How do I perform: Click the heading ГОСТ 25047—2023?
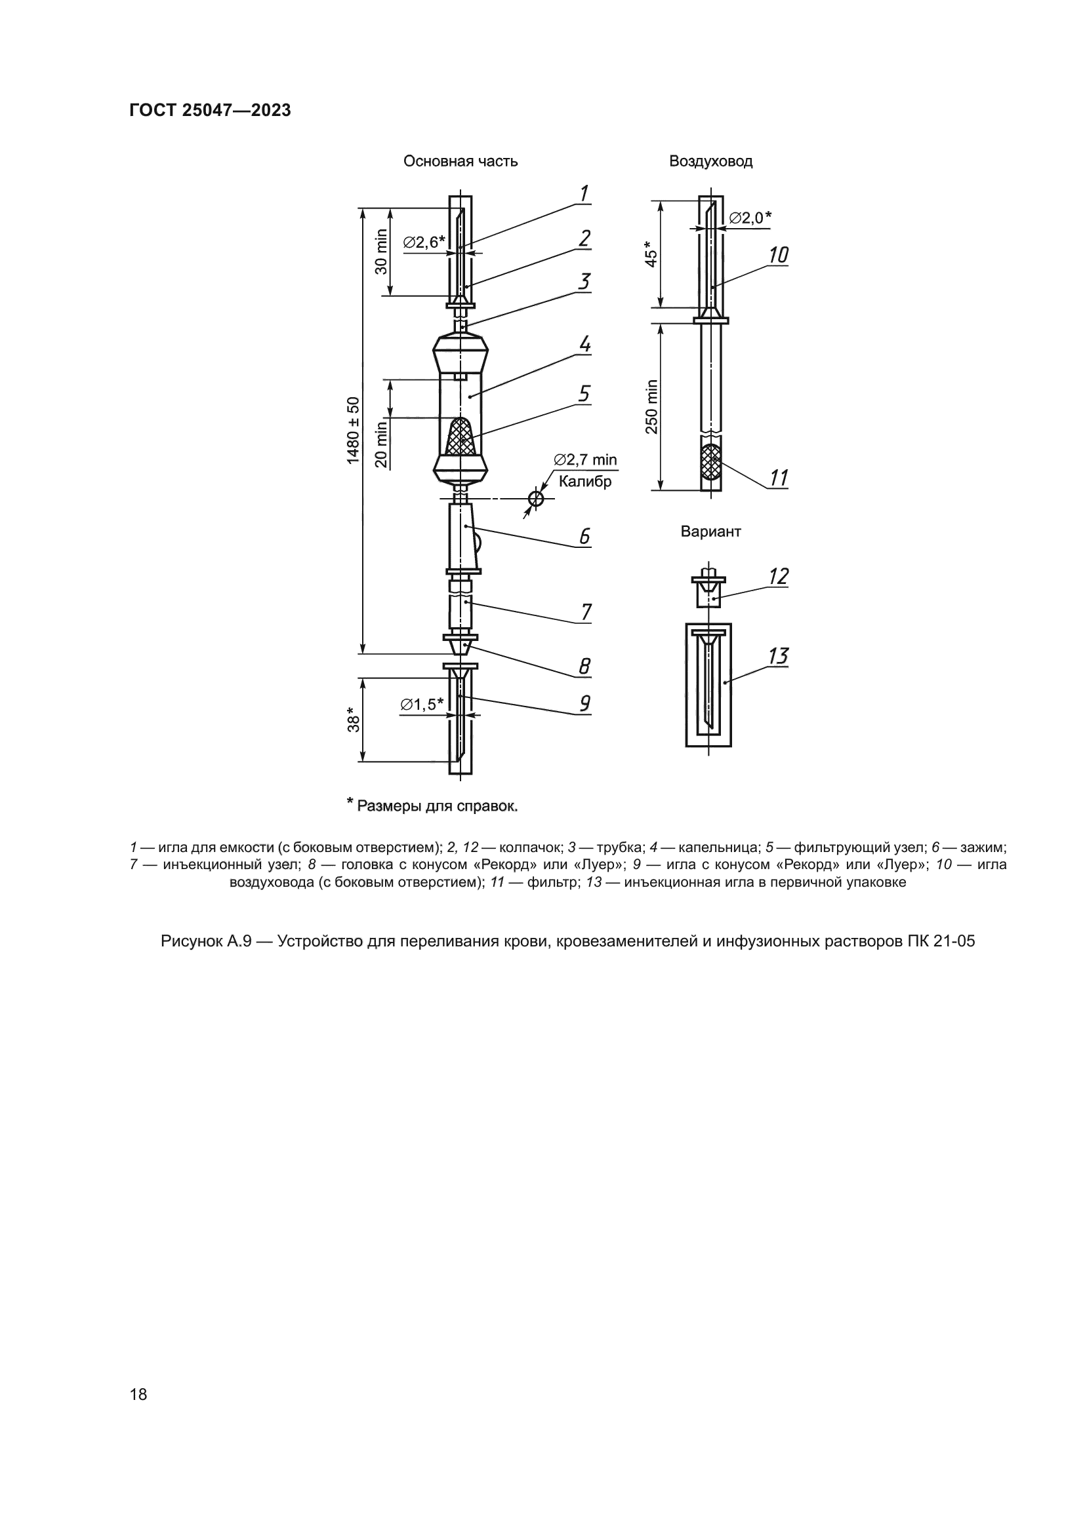[210, 110]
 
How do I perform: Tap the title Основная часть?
[461, 161]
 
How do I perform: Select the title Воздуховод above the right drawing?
[711, 161]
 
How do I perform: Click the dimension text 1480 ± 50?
[354, 430]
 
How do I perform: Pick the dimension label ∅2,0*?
[750, 217]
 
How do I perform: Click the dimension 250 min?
[652, 406]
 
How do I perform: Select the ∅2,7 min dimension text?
[585, 459]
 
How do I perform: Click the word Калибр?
[584, 482]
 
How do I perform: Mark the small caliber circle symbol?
[536, 498]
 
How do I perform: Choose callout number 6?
[584, 536]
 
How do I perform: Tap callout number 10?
[778, 255]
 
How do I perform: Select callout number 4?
[584, 345]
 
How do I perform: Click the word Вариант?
[711, 532]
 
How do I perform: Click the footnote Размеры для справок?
[437, 806]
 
